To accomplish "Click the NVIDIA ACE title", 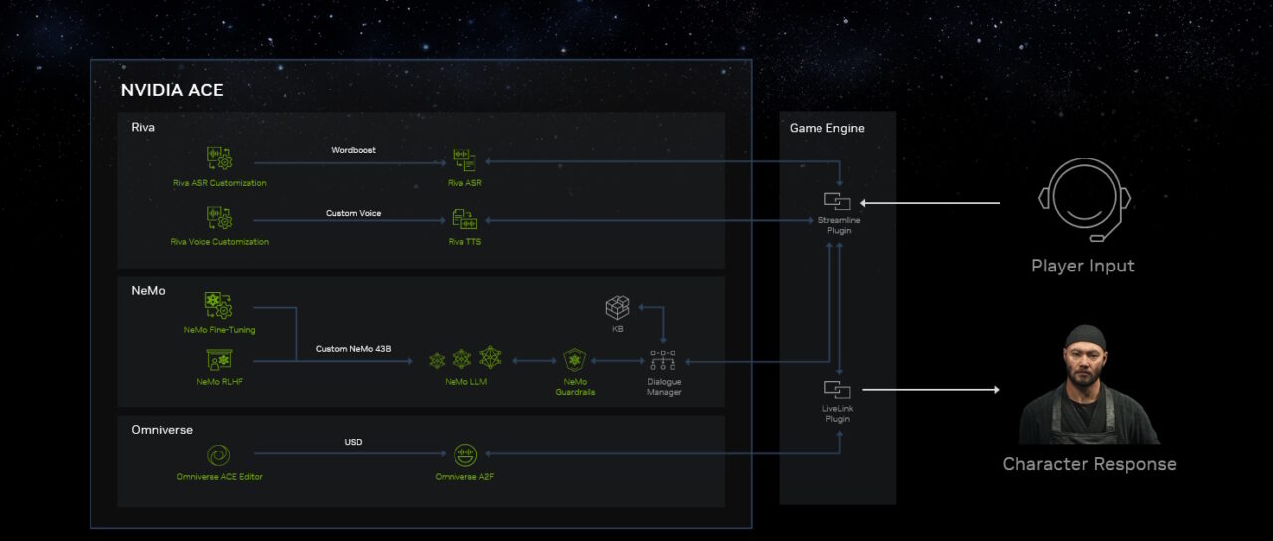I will click(x=172, y=90).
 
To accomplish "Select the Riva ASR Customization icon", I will click(x=219, y=159).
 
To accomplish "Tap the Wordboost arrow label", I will click(x=353, y=150).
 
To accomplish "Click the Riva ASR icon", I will click(x=464, y=160).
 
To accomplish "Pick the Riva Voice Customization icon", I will click(x=219, y=218).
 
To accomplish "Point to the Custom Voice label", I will click(x=353, y=213).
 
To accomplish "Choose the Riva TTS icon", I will click(x=464, y=219).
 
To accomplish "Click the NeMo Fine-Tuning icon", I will click(x=219, y=305).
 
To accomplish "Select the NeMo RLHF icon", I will click(x=219, y=360).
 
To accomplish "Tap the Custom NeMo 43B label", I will click(x=354, y=349).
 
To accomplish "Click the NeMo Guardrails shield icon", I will click(x=575, y=359).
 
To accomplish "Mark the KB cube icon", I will click(x=618, y=308).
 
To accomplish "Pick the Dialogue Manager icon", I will click(x=663, y=359).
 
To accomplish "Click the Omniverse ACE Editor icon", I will click(x=219, y=455).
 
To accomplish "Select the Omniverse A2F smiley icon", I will click(x=464, y=455).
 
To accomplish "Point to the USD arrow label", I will click(x=353, y=442).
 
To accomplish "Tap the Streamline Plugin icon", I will click(x=837, y=202).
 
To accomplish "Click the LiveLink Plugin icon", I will click(x=837, y=389).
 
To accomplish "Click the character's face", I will click(x=1084, y=355).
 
